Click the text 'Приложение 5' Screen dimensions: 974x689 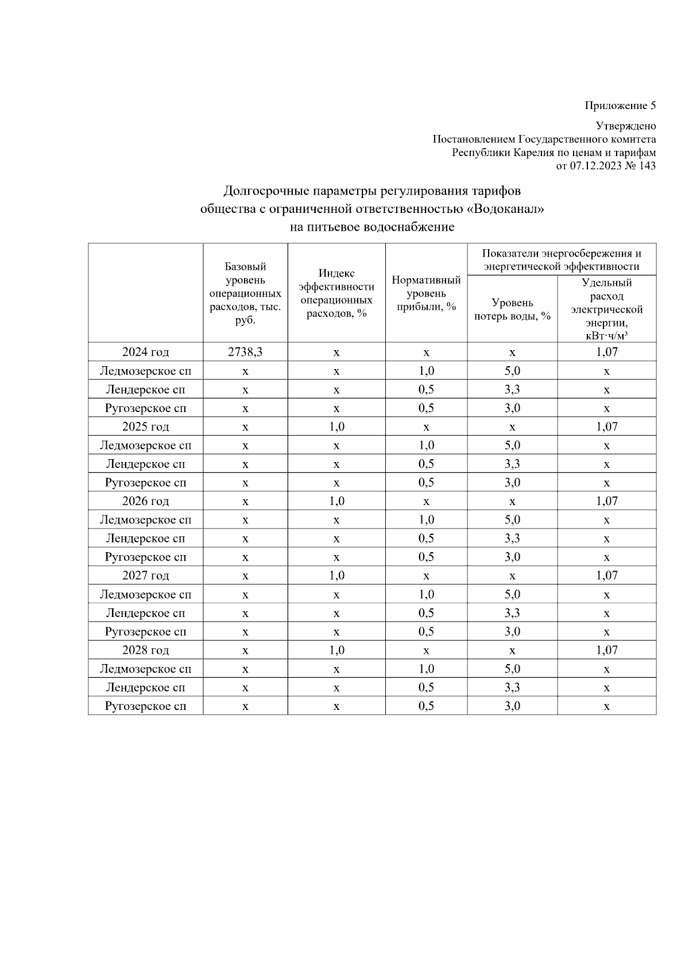point(620,106)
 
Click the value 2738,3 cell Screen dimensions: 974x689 point(245,352)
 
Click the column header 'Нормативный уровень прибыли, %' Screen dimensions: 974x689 point(426,293)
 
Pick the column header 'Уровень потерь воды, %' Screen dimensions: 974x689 point(512,309)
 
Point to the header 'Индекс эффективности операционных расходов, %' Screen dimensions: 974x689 point(336,293)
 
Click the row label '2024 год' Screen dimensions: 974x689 point(145,352)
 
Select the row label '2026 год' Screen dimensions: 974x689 point(145,501)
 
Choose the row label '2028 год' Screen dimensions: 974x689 point(145,650)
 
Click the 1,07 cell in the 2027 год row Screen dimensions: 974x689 point(606,576)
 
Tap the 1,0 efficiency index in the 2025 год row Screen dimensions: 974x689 point(336,426)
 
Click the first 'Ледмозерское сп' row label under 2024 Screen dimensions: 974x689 point(145,371)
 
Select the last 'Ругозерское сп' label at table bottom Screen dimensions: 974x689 point(145,706)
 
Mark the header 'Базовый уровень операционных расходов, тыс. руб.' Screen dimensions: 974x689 point(245,293)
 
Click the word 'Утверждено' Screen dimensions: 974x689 point(626,126)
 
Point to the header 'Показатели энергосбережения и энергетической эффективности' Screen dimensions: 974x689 point(562,259)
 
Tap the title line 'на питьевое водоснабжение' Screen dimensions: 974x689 point(372,227)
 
